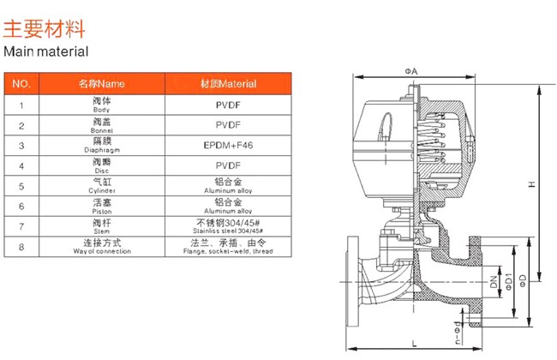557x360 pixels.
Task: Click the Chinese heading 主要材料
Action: point(45,29)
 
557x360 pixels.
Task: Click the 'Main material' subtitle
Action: point(46,51)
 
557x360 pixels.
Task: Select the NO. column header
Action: point(23,83)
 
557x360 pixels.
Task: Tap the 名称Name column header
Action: point(102,83)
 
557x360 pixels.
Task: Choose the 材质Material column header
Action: point(228,83)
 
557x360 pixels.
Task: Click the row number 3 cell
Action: point(23,145)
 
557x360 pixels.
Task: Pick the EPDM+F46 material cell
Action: point(228,145)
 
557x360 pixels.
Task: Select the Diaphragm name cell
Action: point(102,145)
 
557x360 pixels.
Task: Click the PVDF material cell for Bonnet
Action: point(228,125)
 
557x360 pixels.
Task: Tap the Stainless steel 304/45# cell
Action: point(228,226)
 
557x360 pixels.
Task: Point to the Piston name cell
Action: point(102,206)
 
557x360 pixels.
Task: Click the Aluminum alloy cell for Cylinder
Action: point(228,185)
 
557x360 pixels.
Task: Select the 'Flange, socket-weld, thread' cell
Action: point(228,247)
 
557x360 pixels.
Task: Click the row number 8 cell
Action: point(23,247)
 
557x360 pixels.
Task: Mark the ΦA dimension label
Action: point(411,70)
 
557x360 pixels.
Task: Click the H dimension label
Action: point(531,184)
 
